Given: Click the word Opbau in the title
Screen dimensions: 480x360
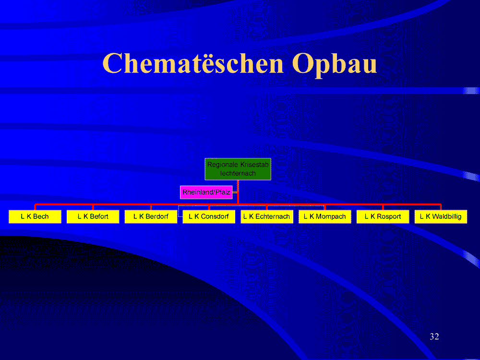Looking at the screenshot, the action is pyautogui.click(x=334, y=65).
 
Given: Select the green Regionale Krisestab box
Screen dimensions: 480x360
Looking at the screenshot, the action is pyautogui.click(x=238, y=169).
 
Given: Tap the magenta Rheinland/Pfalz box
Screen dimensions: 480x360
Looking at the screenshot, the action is pyautogui.click(x=206, y=192).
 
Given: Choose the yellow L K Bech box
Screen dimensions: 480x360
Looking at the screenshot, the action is pyautogui.click(x=35, y=217).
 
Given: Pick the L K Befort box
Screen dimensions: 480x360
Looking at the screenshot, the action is pyautogui.click(x=93, y=217).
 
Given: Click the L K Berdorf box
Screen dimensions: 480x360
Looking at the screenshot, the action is pyautogui.click(x=151, y=217).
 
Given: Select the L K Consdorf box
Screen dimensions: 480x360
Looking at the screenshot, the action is pyautogui.click(x=209, y=217).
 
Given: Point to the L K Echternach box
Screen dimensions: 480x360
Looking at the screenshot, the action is pyautogui.click(x=266, y=217).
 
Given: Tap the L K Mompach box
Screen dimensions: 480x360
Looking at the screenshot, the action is pyautogui.click(x=325, y=217).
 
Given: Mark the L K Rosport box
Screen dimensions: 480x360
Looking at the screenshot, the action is pyautogui.click(x=383, y=217).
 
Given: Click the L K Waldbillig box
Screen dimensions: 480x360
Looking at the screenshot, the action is pyautogui.click(x=441, y=217).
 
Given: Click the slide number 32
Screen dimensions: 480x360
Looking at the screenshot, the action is pyautogui.click(x=434, y=336).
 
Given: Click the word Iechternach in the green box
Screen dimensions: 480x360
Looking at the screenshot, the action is pyautogui.click(x=238, y=173).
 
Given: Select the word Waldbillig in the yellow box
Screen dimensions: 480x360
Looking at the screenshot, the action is pyautogui.click(x=446, y=216).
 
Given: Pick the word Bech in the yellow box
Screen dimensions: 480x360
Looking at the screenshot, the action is pyautogui.click(x=41, y=216).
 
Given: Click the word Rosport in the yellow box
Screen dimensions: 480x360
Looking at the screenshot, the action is pyautogui.click(x=389, y=217).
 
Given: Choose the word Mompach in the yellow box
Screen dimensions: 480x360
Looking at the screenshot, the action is pyautogui.click(x=331, y=217).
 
